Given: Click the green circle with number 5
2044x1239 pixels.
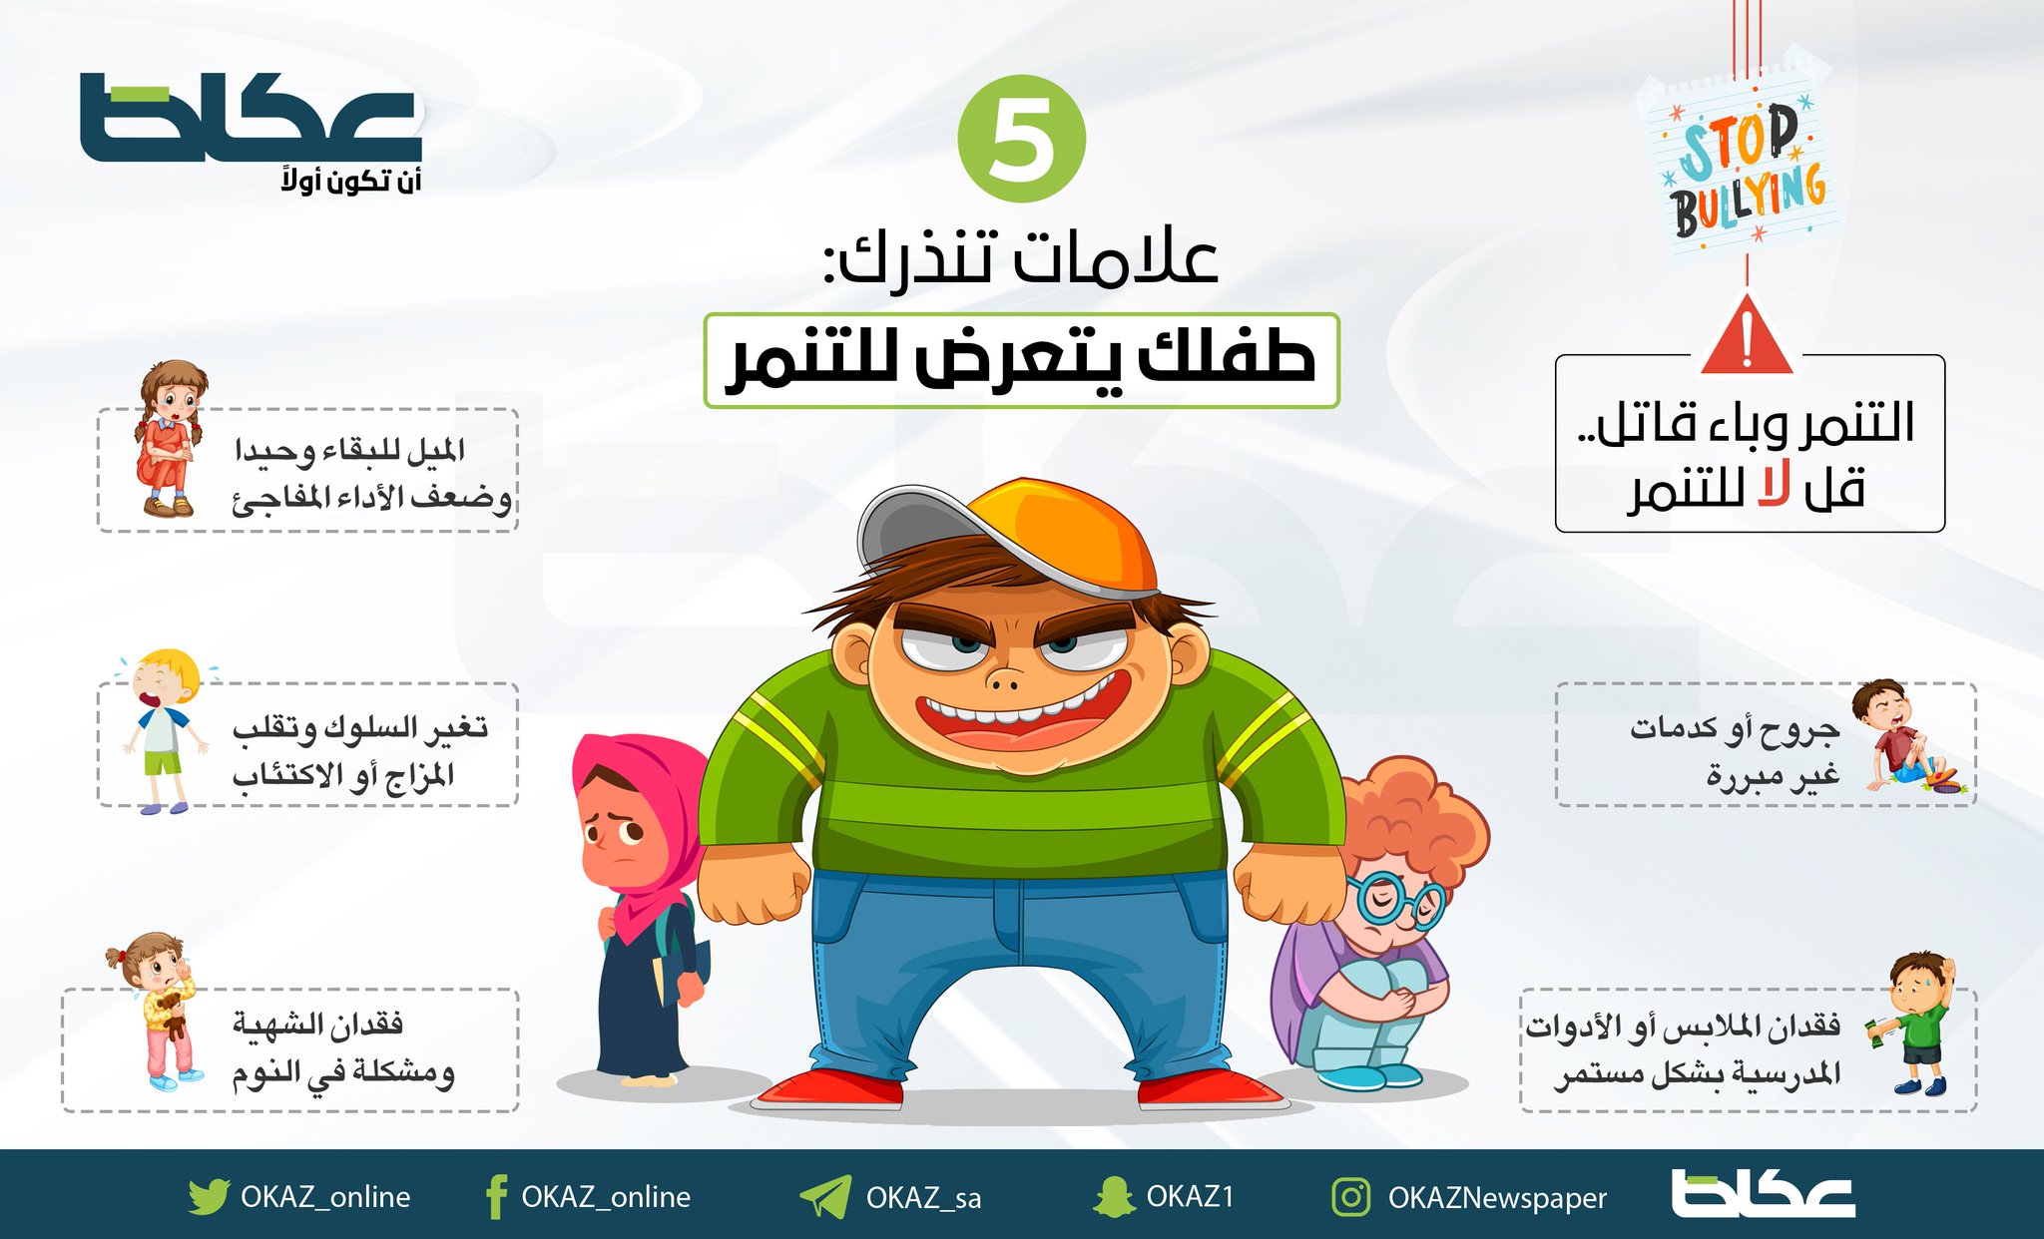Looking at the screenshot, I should (x=1020, y=139).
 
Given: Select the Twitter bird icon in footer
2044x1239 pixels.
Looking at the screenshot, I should (x=208, y=1196).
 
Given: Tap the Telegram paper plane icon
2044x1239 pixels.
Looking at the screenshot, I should (x=824, y=1196).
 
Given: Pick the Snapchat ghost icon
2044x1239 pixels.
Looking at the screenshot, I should (x=1113, y=1196).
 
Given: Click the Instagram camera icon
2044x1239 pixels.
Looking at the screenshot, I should (x=1350, y=1196).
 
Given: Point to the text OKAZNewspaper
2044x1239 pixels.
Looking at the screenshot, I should (x=1497, y=1198).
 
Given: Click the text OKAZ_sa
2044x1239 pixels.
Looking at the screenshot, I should (x=923, y=1197).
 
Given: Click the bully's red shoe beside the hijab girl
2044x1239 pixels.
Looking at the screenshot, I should (x=828, y=1089).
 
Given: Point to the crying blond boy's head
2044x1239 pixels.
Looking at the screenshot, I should (x=165, y=678).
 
